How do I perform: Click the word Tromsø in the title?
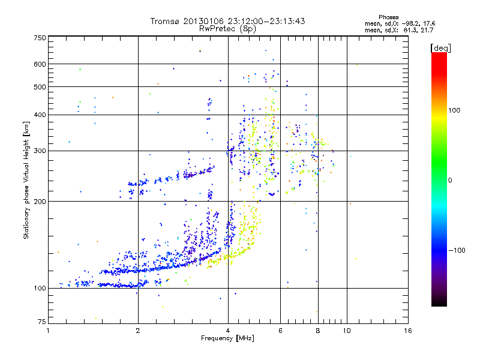click(x=166, y=21)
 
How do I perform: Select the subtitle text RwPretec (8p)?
click(x=227, y=28)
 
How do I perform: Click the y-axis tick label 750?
click(x=40, y=38)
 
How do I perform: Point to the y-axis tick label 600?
click(x=40, y=64)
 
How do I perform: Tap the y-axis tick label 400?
click(x=40, y=115)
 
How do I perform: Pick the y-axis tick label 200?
click(x=40, y=201)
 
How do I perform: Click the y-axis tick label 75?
click(x=41, y=323)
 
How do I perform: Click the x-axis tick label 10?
click(x=346, y=330)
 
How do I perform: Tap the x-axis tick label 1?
click(x=48, y=330)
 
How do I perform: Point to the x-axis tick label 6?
click(x=280, y=330)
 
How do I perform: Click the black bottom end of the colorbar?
click(x=439, y=302)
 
